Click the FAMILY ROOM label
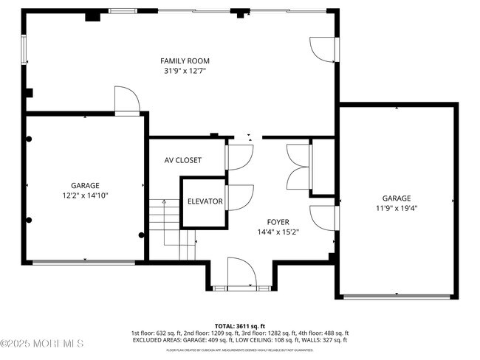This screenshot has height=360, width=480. click(185, 60)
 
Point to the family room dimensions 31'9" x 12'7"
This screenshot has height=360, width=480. click(185, 72)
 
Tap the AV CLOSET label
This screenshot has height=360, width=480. click(183, 160)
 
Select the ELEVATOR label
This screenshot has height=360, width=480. click(205, 201)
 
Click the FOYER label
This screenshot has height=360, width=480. click(278, 221)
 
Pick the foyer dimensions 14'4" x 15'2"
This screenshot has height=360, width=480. click(278, 232)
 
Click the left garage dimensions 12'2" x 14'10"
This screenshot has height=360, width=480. click(85, 196)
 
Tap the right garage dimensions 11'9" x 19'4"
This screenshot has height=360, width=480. click(397, 208)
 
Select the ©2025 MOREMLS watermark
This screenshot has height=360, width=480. click(42, 344)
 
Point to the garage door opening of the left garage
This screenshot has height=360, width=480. click(85, 260)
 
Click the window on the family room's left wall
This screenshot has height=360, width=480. click(24, 50)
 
